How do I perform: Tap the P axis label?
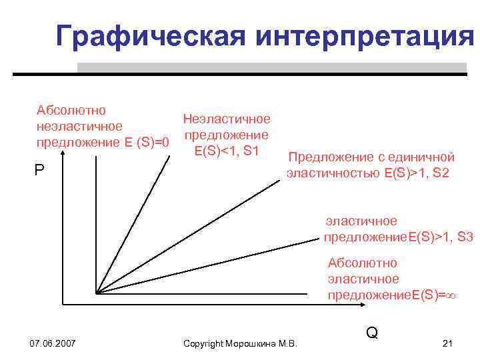39,171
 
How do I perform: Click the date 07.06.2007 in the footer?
53,343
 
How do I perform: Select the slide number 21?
447,343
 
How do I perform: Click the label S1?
251,151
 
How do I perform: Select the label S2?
441,173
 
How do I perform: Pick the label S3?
465,237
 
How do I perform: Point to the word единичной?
421,157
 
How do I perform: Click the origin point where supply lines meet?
97,293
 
